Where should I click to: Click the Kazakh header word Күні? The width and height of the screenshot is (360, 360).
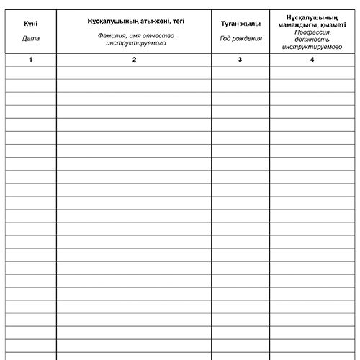tap(30, 24)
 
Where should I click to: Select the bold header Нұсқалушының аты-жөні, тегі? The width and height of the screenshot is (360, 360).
tap(134, 20)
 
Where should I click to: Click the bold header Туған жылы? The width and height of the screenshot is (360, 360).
tap(240, 24)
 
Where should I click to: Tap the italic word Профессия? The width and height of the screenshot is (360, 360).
tap(312, 32)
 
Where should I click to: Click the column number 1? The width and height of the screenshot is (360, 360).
tap(30, 60)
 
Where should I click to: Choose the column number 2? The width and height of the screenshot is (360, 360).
tap(134, 60)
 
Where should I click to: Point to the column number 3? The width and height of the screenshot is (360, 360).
tap(240, 60)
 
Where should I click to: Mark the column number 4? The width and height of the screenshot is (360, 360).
tap(312, 60)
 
